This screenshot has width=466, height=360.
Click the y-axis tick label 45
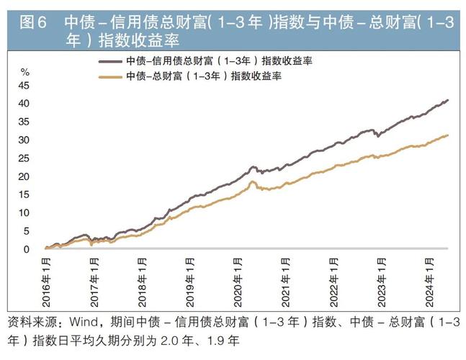click(x=24, y=85)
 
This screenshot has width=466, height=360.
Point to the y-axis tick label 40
click(x=24, y=104)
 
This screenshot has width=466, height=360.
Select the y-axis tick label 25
click(x=24, y=158)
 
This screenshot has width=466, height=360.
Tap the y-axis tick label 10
click(x=24, y=213)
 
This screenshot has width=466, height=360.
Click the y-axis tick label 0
click(x=27, y=250)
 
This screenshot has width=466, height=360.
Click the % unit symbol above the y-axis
click(x=24, y=72)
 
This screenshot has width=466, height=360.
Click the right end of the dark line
click(x=448, y=100)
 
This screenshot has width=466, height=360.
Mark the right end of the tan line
click(x=448, y=135)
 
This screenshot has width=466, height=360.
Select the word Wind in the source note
click(x=83, y=321)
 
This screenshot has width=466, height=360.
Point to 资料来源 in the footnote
click(x=29, y=321)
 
